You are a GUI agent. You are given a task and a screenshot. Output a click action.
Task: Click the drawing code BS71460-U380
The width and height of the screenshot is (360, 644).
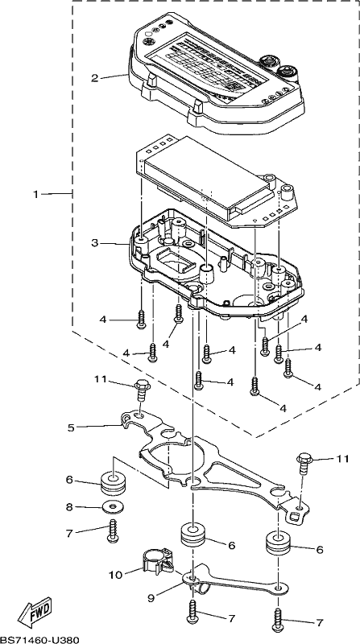coord(39,639)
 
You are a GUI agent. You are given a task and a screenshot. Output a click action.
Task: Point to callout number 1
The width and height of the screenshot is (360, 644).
coord(36,194)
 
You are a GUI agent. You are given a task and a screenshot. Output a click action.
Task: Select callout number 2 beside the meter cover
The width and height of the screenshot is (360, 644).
coord(95,77)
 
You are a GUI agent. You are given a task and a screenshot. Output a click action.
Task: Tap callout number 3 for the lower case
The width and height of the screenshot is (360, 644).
coord(95,244)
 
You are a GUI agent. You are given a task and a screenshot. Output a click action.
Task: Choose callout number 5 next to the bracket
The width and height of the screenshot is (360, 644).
coord(72,428)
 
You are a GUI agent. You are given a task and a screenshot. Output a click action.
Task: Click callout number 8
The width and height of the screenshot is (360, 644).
coord(69,507)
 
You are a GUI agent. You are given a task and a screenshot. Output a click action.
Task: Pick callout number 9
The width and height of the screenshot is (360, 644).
coord(151,598)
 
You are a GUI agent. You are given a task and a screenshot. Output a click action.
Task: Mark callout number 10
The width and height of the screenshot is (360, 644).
coord(116,575)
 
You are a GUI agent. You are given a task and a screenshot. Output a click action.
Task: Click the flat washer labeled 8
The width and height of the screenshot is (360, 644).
coord(113,507)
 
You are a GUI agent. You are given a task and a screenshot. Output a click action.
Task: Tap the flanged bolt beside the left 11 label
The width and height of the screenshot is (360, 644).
coord(142,392)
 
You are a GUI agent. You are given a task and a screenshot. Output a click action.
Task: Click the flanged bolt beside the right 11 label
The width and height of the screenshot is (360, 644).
coord(304,464)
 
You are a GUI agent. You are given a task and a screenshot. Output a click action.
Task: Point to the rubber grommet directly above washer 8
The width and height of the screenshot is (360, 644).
coord(113,485)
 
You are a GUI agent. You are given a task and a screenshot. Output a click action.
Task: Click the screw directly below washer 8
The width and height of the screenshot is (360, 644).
coord(112,530)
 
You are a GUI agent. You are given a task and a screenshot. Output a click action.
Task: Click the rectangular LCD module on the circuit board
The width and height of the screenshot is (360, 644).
coord(208,177)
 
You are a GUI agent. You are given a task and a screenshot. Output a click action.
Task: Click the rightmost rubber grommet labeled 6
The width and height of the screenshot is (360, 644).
coord(279,543)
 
